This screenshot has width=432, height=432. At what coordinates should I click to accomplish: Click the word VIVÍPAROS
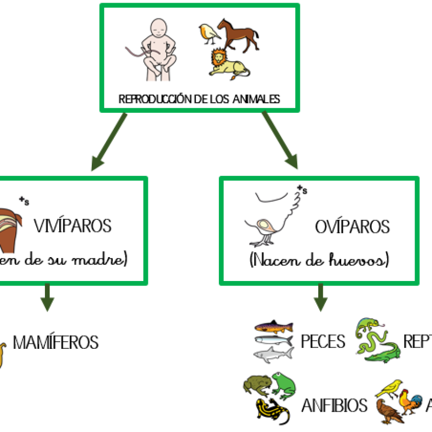tap(72, 225)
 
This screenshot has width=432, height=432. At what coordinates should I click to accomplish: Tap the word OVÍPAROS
tap(352, 226)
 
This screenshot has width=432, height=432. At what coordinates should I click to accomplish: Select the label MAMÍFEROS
tap(55, 342)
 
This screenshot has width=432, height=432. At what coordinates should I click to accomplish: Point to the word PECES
tap(323, 342)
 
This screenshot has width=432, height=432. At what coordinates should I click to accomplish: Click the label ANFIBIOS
tap(334, 405)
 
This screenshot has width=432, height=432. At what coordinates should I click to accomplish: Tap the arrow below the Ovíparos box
tap(320, 297)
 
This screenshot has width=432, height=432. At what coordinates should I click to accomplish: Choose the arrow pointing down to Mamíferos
tap(47, 297)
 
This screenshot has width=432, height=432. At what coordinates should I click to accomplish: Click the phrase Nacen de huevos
tap(319, 261)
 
